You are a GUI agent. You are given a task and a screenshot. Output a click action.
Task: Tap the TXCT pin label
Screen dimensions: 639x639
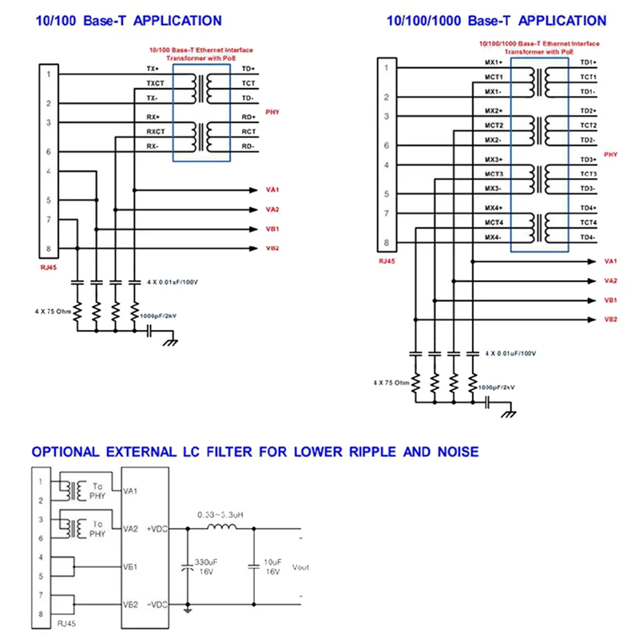pyautogui.click(x=155, y=83)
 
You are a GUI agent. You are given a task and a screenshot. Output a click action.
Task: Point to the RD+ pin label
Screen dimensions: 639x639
pyautogui.click(x=248, y=117)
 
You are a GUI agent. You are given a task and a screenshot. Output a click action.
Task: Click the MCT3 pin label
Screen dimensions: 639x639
pyautogui.click(x=494, y=174)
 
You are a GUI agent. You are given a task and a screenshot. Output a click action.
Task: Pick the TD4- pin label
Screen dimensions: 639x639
pyautogui.click(x=588, y=237)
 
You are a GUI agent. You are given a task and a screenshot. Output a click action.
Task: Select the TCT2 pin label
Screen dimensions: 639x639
pyautogui.click(x=588, y=125)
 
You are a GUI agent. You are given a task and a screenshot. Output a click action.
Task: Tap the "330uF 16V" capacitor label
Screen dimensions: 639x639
pyautogui.click(x=207, y=566)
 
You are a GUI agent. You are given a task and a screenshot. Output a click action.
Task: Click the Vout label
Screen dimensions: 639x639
pyautogui.click(x=300, y=567)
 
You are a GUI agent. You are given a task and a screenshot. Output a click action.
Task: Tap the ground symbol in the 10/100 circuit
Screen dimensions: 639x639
pyautogui.click(x=169, y=341)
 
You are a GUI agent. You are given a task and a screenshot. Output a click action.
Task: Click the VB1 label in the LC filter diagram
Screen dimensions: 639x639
pyautogui.click(x=132, y=566)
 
